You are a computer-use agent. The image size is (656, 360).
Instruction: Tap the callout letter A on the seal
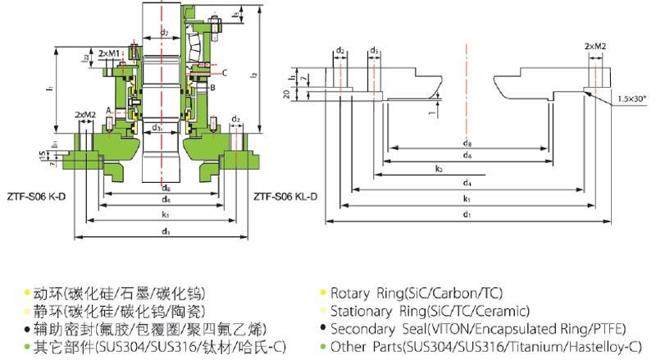[x=109, y=109]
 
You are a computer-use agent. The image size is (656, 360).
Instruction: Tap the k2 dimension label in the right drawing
[x=439, y=169]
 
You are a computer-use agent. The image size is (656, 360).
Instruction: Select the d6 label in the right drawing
[x=466, y=155]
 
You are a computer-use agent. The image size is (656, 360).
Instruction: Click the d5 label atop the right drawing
[x=374, y=51]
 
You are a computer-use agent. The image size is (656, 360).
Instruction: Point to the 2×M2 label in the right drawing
[x=595, y=48]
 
